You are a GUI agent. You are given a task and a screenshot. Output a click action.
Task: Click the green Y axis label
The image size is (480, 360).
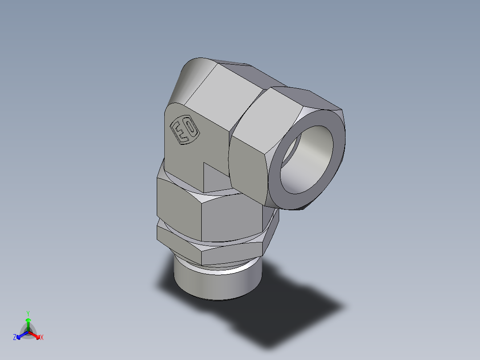(28, 313)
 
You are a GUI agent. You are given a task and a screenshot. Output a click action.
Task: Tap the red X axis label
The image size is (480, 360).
(42, 338)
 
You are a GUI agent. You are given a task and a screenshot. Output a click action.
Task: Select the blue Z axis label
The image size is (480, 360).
(14, 338)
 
